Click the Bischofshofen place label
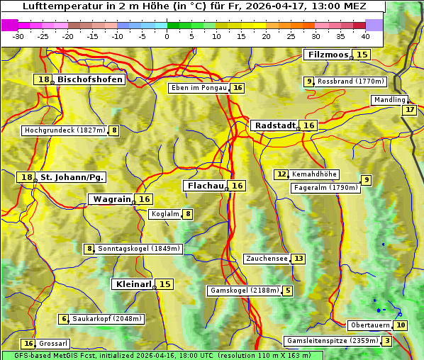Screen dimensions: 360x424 90,79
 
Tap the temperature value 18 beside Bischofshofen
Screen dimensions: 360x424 43,79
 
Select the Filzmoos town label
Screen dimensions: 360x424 328,55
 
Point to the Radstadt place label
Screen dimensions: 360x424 274,125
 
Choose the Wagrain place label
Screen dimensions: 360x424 112,199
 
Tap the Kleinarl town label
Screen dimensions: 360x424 133,284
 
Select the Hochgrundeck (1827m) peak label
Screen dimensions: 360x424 65,130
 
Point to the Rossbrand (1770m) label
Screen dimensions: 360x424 350,81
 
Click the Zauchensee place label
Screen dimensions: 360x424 267,259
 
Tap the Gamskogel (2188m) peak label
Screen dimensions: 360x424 244,291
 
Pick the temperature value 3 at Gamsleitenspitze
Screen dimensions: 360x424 386,341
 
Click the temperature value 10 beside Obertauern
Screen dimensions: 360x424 401,325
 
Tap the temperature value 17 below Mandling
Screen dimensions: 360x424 409,109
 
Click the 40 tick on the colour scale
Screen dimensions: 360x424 365,36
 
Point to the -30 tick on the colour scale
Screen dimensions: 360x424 18,36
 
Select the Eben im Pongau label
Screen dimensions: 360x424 199,88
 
